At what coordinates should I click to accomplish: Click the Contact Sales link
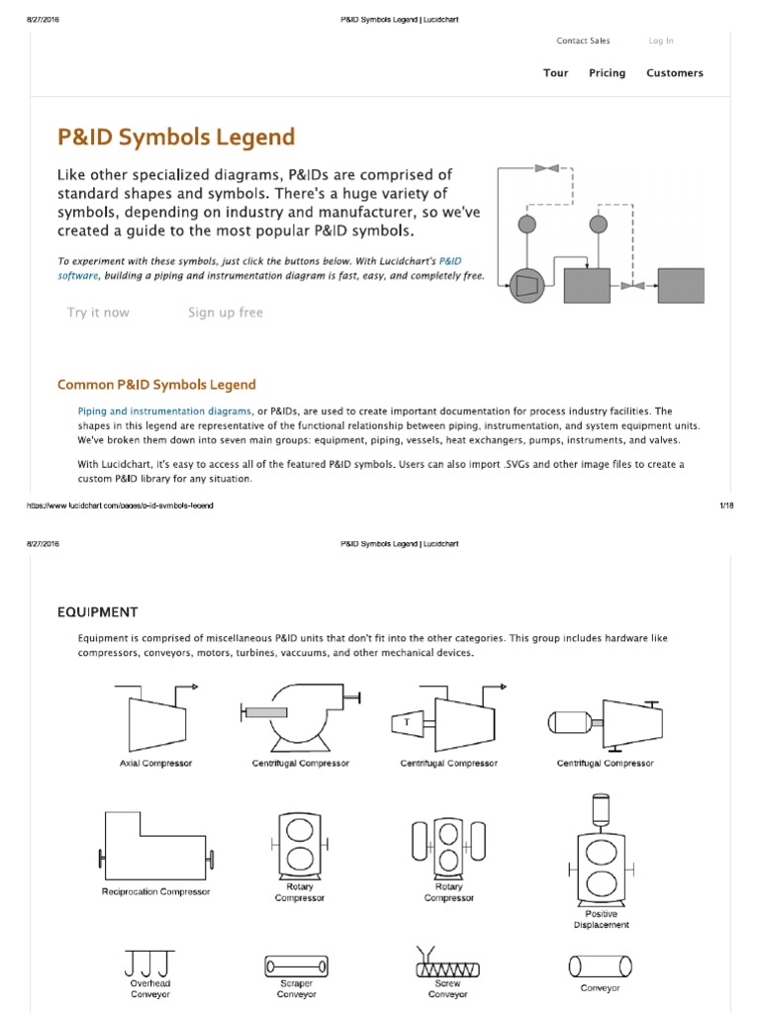(583, 41)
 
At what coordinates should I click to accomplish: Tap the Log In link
(661, 41)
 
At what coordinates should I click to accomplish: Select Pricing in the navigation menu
(607, 73)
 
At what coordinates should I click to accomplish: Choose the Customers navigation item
(674, 73)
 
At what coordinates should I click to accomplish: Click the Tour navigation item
(555, 73)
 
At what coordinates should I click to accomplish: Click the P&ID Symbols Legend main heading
(176, 137)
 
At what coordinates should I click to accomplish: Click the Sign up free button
(226, 313)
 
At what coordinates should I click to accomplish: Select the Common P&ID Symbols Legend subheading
(156, 385)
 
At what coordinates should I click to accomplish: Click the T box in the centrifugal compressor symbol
(406, 723)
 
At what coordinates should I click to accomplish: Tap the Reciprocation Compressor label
(155, 891)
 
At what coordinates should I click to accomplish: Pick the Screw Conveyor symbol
(448, 965)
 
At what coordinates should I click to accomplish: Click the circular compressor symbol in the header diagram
(525, 286)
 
